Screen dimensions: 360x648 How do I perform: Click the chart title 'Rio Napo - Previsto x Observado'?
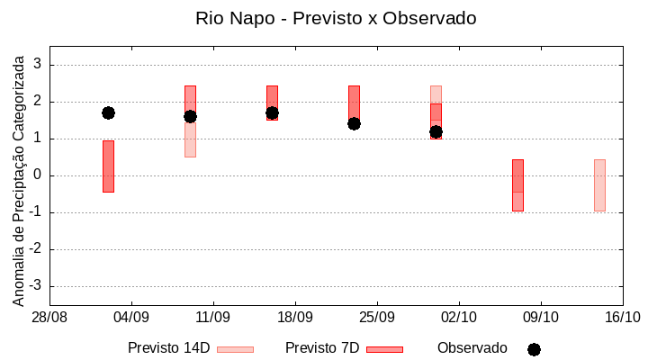click(x=336, y=18)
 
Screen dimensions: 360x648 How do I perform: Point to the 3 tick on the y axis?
click(x=39, y=65)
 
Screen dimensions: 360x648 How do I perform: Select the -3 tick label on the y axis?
click(x=36, y=286)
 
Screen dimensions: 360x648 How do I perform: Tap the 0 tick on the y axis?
click(x=39, y=175)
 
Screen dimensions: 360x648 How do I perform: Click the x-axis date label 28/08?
click(x=49, y=318)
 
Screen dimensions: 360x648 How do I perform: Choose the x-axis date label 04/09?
click(x=131, y=318)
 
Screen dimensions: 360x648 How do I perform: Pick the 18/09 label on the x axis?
click(x=295, y=318)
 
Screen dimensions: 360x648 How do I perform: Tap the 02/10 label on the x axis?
click(x=459, y=318)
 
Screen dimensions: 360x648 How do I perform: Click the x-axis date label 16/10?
click(x=623, y=318)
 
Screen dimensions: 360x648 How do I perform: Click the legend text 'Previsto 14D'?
click(x=168, y=348)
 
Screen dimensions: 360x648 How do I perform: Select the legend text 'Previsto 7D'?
click(x=322, y=348)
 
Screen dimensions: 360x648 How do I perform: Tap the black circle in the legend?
click(x=534, y=349)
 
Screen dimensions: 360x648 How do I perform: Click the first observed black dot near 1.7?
click(x=108, y=112)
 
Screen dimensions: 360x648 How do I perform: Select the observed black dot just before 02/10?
click(x=436, y=131)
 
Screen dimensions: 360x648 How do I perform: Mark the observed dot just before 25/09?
click(x=354, y=123)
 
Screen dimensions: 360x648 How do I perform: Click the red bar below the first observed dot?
click(x=108, y=166)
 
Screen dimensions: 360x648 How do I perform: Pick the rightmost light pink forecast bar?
click(x=599, y=184)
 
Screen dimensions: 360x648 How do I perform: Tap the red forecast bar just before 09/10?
click(x=517, y=184)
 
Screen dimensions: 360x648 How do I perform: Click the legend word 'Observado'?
click(x=472, y=348)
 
